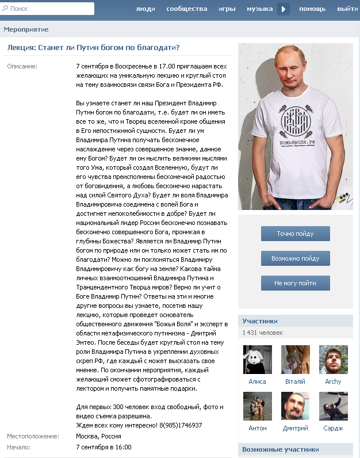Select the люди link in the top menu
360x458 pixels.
[x=145, y=9]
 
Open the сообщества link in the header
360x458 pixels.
[x=186, y=9]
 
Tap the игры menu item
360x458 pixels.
[x=227, y=9]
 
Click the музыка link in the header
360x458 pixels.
[x=259, y=9]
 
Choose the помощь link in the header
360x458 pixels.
[x=312, y=9]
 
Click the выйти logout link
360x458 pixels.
[x=347, y=9]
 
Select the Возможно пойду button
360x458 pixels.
[x=296, y=258]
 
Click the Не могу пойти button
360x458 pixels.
[x=296, y=283]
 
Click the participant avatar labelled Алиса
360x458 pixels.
[x=258, y=360]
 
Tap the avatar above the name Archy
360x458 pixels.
[x=333, y=360]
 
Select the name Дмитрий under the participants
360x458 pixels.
[x=295, y=428]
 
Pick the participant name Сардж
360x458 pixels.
[x=333, y=428]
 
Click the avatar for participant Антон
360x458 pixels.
[x=258, y=406]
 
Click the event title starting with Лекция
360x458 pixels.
[x=93, y=47]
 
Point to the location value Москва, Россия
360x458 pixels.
[x=98, y=436]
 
